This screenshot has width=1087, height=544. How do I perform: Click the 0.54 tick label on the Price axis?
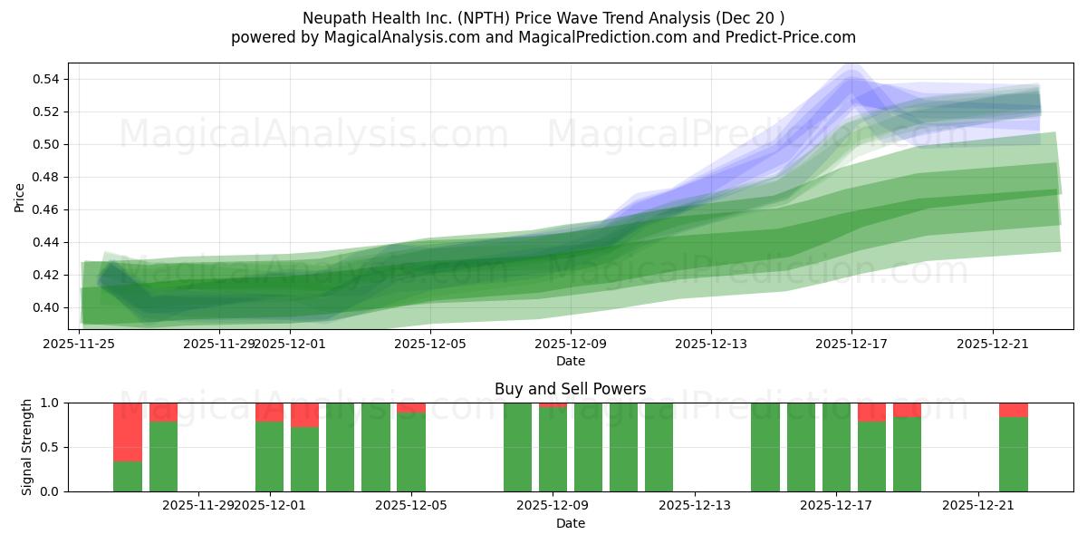coord(46,79)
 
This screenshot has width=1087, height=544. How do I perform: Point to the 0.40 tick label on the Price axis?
coord(46,307)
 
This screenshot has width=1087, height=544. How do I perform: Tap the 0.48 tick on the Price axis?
coord(46,177)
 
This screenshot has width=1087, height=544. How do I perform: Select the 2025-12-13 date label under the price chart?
coord(710,344)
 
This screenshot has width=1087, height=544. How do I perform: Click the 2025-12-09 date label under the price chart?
coord(570,344)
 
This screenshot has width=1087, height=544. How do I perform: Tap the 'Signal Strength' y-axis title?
coord(27,447)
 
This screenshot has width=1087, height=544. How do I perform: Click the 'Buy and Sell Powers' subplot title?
coord(570,389)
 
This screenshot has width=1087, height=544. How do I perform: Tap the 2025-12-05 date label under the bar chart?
coord(411,505)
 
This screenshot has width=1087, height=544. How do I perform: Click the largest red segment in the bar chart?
coord(128,432)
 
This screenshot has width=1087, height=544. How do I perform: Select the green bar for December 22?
coord(1013,454)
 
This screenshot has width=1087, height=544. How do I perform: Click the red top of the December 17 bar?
coord(871,412)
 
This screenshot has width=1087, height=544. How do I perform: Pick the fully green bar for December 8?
coord(517,447)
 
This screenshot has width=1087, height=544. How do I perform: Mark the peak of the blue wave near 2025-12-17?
coord(851,80)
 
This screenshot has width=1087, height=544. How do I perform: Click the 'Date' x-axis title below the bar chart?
coord(570,523)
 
